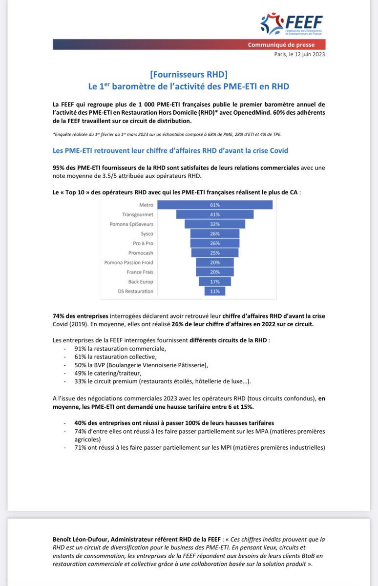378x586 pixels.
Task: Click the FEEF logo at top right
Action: pyautogui.click(x=292, y=24)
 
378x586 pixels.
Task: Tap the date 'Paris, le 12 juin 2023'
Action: pyautogui.click(x=300, y=54)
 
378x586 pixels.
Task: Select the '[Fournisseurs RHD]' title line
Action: pyautogui.click(x=189, y=75)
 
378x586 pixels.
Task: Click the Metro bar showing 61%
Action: pyautogui.click(x=215, y=205)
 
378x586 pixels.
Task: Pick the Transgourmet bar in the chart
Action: pyautogui.click(x=215, y=214)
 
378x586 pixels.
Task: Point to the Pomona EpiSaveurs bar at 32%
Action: pyautogui.click(x=215, y=224)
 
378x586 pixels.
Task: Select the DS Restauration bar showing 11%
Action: pyautogui.click(x=215, y=291)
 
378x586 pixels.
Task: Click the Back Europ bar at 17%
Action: pyautogui.click(x=215, y=282)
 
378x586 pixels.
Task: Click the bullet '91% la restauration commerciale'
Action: pyautogui.click(x=120, y=349)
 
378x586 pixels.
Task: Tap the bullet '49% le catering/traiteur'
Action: pyautogui.click(x=113, y=374)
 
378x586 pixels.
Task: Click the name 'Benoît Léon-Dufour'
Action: pyautogui.click(x=80, y=539)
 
